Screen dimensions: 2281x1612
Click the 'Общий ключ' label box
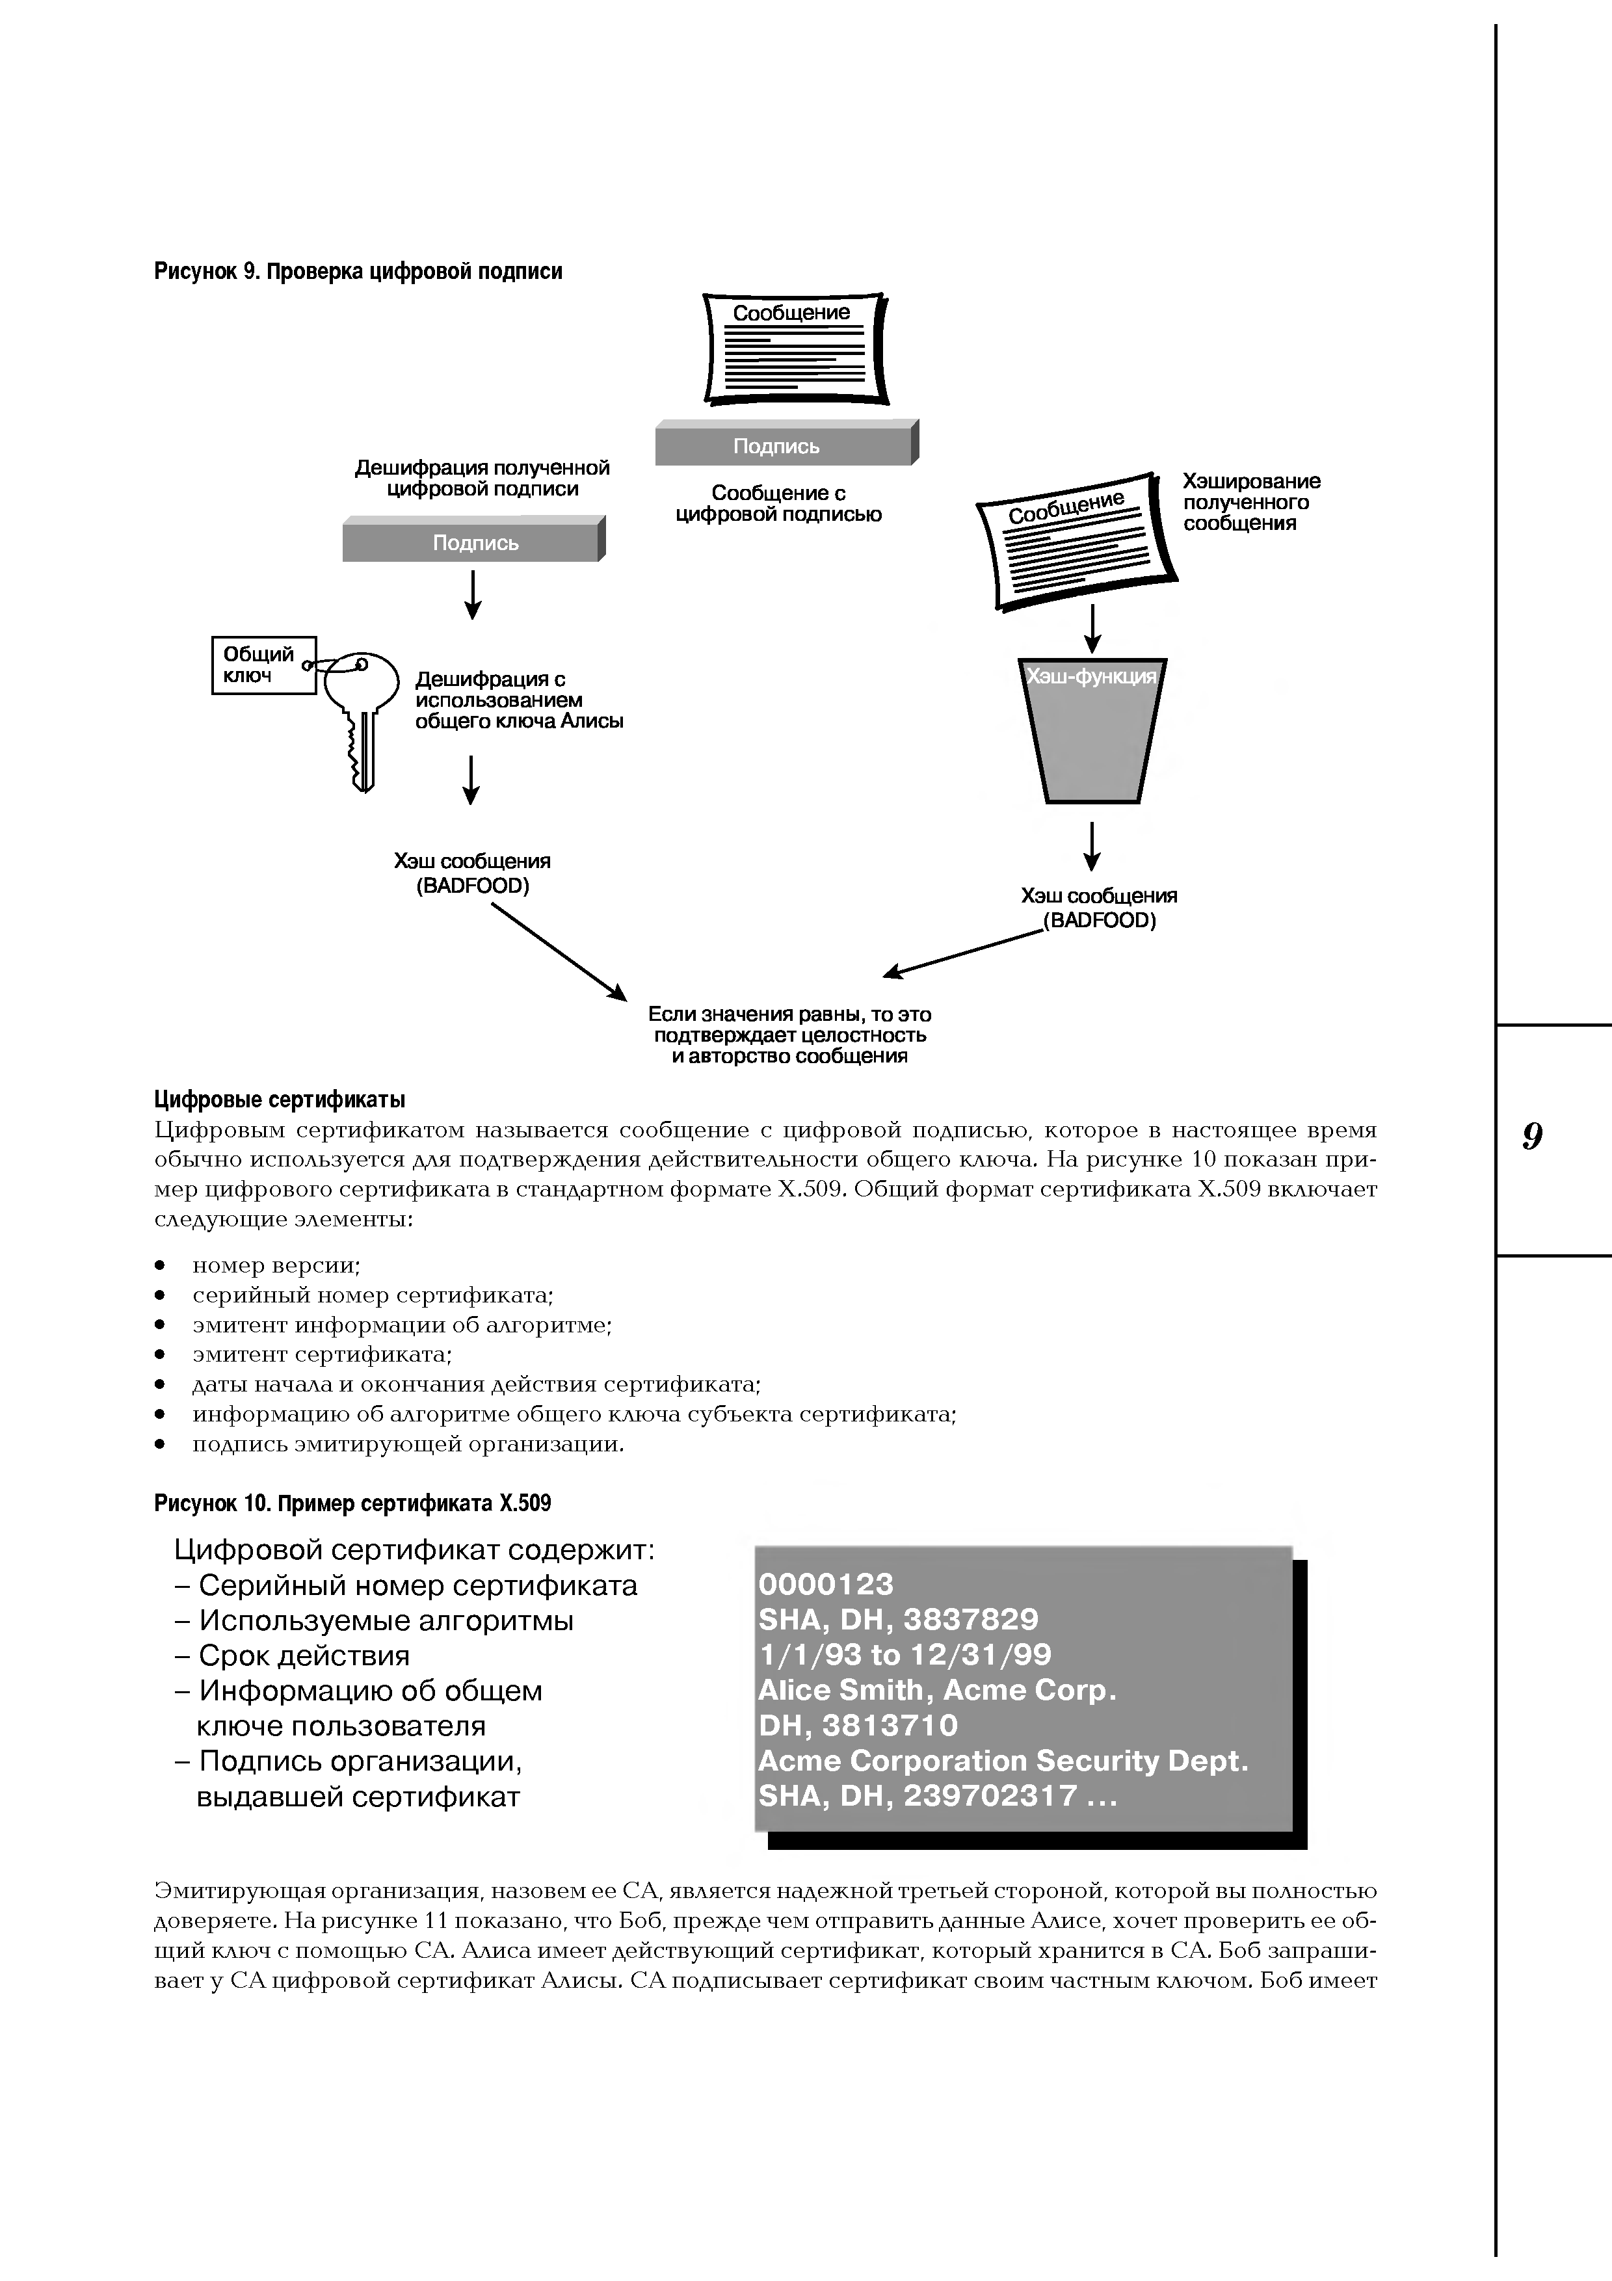click(x=263, y=665)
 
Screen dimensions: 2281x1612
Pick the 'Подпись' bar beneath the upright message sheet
click(x=786, y=445)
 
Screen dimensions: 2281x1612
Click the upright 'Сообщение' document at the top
click(x=793, y=348)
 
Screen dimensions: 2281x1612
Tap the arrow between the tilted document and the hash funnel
click(x=1092, y=628)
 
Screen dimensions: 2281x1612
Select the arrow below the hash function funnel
click(x=1092, y=845)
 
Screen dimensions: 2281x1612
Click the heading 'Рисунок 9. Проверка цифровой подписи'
click(x=358, y=271)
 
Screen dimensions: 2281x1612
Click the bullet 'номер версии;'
click(x=276, y=1265)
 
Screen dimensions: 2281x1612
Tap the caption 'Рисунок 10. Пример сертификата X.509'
click(x=352, y=1503)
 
